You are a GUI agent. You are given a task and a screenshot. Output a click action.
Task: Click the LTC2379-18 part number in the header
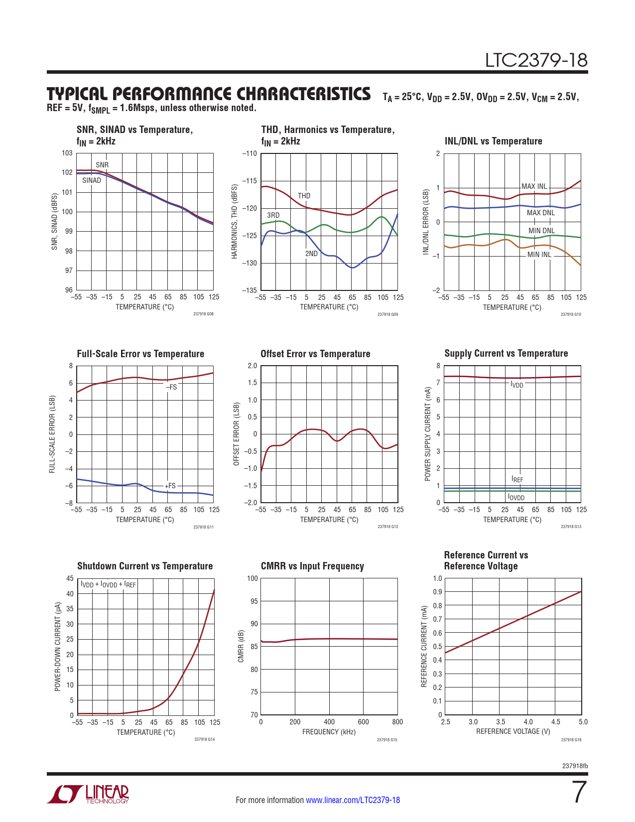tap(536, 60)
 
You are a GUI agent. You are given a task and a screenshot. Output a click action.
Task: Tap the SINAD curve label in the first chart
tap(92, 180)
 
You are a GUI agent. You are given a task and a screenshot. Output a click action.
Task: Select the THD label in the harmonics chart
tap(304, 196)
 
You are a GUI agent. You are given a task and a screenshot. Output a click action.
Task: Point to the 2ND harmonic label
tap(311, 254)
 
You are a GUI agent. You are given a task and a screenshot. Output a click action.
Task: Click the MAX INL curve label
tap(534, 186)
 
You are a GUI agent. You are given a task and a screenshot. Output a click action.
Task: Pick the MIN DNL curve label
tap(541, 231)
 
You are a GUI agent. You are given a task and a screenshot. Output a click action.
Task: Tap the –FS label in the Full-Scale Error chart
tap(171, 387)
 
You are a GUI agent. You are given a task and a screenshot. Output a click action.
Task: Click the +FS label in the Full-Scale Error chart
tap(170, 486)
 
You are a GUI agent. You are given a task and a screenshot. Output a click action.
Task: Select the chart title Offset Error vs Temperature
tap(315, 354)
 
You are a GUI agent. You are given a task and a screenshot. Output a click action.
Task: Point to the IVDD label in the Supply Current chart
tap(517, 385)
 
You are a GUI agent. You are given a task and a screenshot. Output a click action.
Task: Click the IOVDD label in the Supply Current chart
tap(516, 497)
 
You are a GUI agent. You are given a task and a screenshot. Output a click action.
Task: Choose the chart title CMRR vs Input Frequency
tap(312, 566)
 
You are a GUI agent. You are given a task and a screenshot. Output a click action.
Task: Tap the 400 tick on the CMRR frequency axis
tap(329, 722)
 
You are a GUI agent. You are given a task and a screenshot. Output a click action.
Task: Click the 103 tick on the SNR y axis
tap(67, 153)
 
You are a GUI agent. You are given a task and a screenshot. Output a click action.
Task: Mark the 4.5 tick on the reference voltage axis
tap(555, 722)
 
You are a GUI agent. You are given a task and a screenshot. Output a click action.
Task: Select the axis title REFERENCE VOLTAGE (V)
tap(513, 731)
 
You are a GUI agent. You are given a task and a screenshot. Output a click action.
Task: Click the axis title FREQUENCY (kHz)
tap(329, 732)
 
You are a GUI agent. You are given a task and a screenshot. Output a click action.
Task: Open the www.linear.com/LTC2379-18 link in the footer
tap(353, 800)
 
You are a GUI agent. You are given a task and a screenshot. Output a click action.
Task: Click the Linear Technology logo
tap(88, 794)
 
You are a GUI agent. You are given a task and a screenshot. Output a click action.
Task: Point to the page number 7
tap(578, 793)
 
